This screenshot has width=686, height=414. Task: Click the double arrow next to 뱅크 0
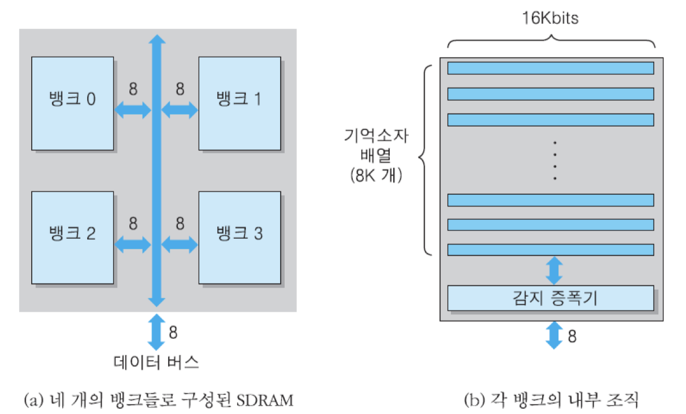(x=132, y=110)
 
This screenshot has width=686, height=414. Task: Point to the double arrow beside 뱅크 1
(x=180, y=110)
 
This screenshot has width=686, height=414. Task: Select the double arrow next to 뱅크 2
(x=132, y=245)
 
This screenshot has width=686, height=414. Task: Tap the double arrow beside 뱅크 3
(x=180, y=245)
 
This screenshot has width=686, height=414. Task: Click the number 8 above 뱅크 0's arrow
(x=133, y=90)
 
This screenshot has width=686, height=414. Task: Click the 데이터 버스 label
(x=156, y=363)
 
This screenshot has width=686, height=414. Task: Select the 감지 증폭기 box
(x=550, y=298)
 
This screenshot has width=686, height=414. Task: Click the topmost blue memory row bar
(x=550, y=68)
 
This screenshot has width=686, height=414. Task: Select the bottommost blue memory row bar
(x=550, y=249)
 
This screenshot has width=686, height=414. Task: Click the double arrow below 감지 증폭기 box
(x=554, y=335)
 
